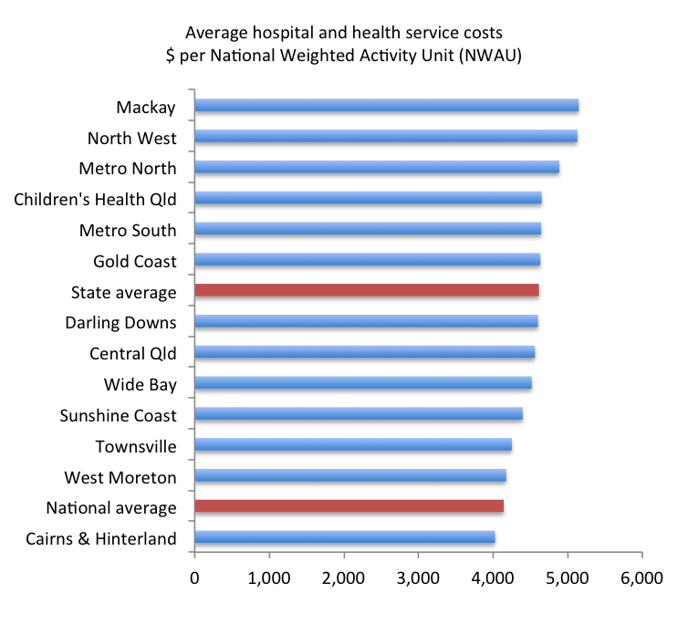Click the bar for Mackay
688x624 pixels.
386,105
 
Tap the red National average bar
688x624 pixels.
349,506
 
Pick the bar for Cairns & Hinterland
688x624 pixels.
344,537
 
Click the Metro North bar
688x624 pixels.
376,167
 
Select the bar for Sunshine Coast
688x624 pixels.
358,414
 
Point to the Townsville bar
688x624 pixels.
352,445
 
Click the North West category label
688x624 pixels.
131,139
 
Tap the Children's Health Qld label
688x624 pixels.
95,199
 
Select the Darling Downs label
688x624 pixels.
120,323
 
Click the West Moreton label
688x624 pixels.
120,477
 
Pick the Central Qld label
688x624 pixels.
132,354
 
